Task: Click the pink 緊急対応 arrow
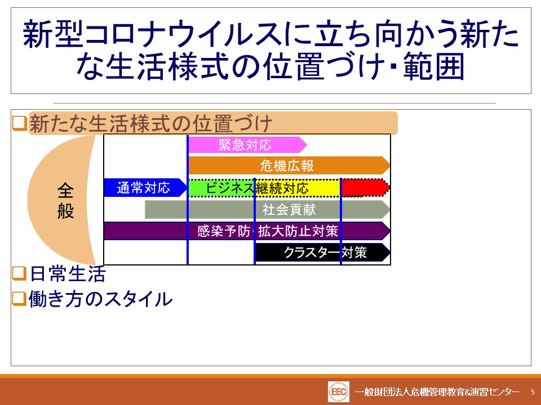(x=247, y=145)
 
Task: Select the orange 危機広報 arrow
(x=289, y=165)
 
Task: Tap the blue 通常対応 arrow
(x=145, y=188)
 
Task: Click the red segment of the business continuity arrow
(x=365, y=188)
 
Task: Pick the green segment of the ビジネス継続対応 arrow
(x=221, y=188)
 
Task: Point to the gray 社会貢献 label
(x=289, y=209)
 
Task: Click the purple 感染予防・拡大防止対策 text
(x=267, y=231)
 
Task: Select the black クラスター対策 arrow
(x=322, y=253)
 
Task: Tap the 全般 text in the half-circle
(x=65, y=200)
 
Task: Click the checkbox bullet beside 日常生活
(x=19, y=273)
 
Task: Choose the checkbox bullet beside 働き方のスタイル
(x=19, y=298)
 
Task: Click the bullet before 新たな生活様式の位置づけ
(x=19, y=123)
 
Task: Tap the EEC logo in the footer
(x=339, y=391)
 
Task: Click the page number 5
(x=533, y=392)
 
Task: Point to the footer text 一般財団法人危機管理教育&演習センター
(x=437, y=392)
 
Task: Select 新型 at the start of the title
(x=53, y=34)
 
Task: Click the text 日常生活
(x=68, y=274)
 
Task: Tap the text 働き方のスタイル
(x=100, y=299)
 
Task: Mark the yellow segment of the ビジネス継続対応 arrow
(x=298, y=188)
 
